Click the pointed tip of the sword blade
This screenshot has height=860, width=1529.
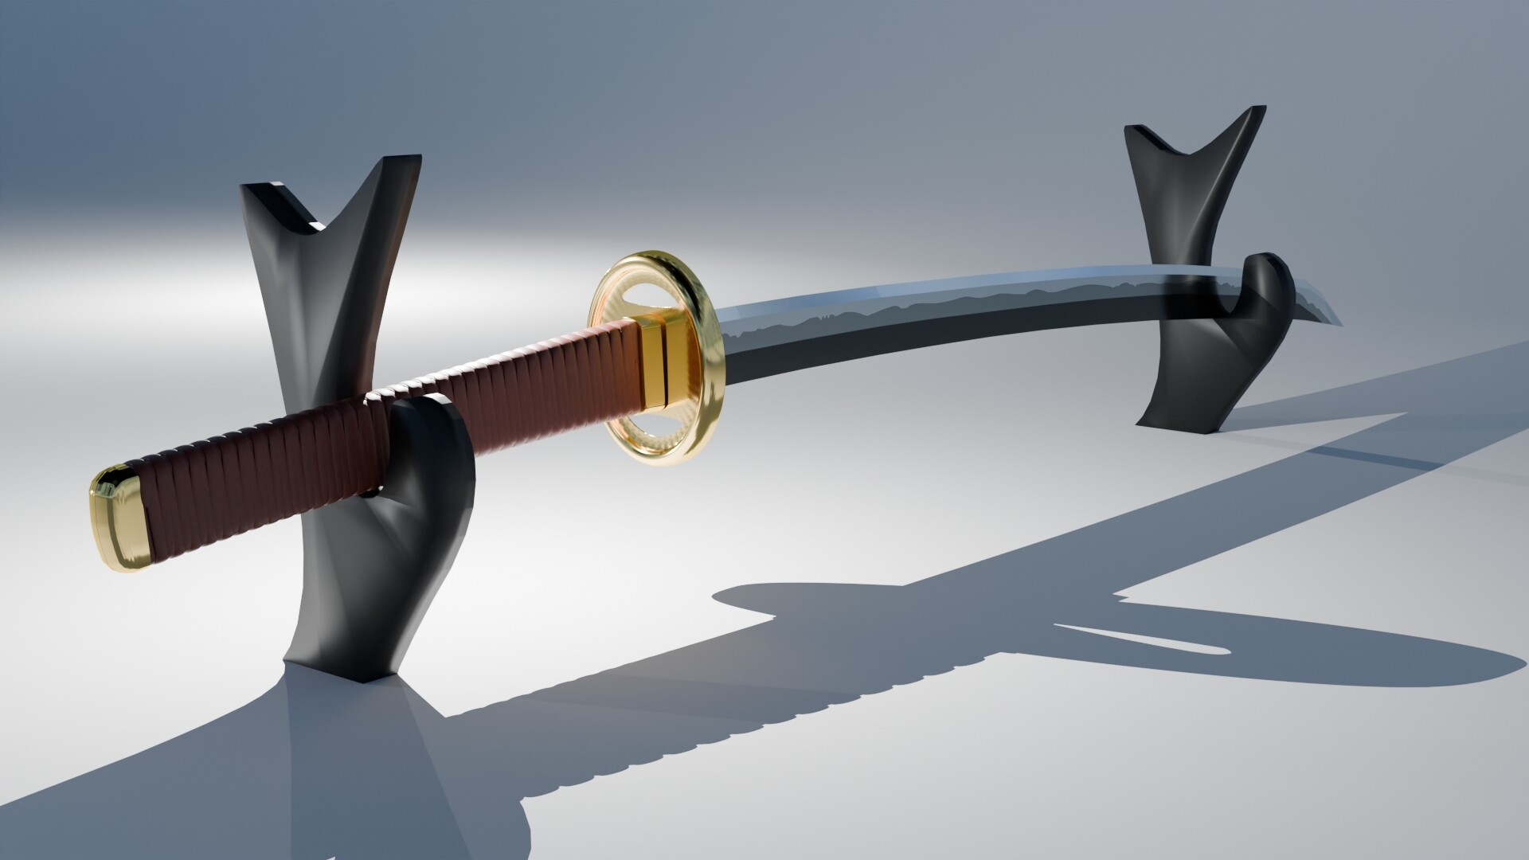1338,322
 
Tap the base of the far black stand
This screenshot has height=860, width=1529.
1187,418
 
